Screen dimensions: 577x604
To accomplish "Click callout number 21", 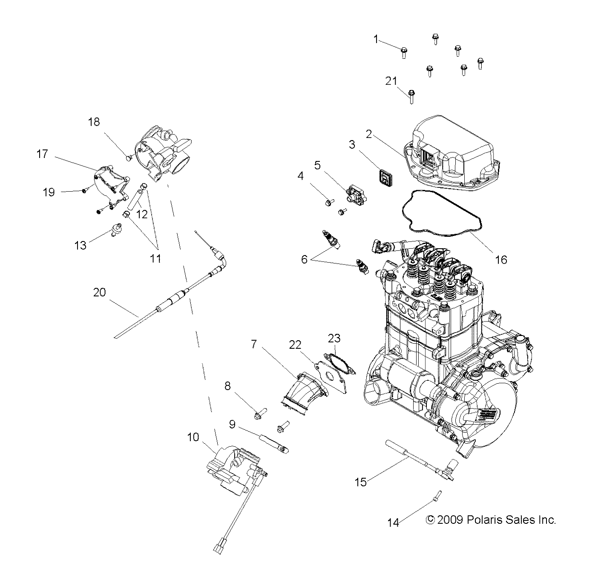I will click(391, 81).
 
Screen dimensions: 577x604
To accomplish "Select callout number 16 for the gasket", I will click(501, 259).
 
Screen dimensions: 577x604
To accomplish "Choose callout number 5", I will click(317, 165).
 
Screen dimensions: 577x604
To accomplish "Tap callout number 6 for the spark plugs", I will click(304, 259).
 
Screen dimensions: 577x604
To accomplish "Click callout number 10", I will click(193, 437).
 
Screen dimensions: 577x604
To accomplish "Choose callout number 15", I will click(360, 482).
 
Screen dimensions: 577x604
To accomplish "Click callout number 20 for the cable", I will click(99, 293).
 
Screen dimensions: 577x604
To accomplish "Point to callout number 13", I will click(80, 245).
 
